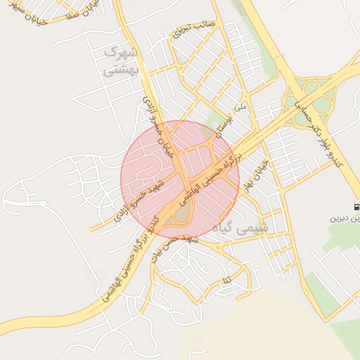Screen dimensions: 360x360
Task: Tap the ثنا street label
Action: point(226,281)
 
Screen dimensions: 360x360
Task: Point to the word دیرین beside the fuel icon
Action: point(345,219)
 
